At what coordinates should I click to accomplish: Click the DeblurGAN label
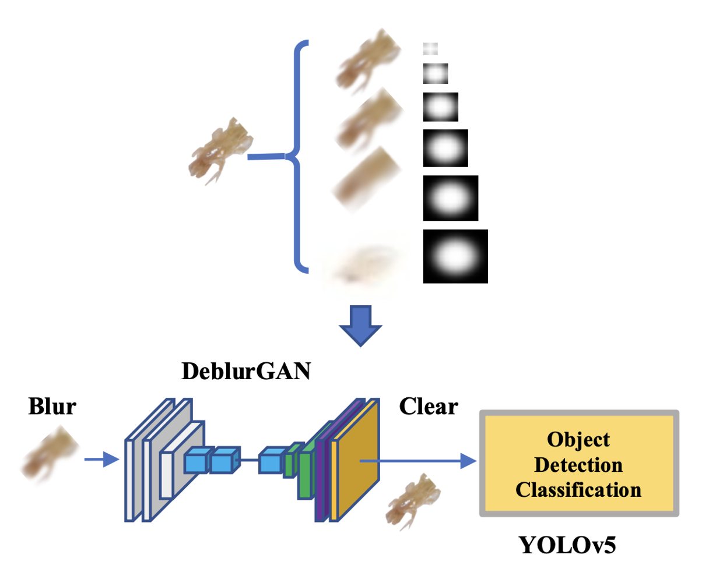[245, 370]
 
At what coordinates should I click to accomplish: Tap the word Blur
[52, 407]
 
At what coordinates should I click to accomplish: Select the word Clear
[429, 407]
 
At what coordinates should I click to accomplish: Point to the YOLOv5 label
[567, 546]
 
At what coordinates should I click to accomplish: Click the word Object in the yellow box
[578, 440]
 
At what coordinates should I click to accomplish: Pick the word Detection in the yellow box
[578, 465]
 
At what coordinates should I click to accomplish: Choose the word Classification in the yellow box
[578, 490]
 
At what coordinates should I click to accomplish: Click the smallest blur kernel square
[430, 48]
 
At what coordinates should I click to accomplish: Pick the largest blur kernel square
[455, 256]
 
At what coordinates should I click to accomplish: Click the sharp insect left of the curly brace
[220, 151]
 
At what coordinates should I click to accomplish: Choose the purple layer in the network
[320, 466]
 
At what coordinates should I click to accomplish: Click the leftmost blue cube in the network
[196, 462]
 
